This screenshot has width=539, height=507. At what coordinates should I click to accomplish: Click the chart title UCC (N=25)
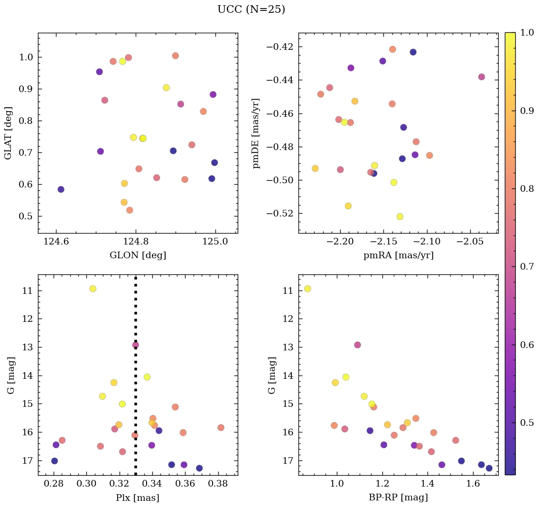(251, 9)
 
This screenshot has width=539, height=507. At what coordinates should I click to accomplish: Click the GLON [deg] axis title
(138, 255)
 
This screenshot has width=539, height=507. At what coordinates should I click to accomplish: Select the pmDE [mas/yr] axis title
(257, 133)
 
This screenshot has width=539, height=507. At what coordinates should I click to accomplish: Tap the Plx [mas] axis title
(138, 498)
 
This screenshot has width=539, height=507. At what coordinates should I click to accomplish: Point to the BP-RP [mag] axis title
(398, 498)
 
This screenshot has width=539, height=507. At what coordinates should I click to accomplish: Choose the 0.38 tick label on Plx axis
(218, 484)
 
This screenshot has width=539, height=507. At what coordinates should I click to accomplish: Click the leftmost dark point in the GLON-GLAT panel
(61, 189)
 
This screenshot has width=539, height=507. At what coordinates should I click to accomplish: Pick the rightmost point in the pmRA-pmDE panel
(482, 77)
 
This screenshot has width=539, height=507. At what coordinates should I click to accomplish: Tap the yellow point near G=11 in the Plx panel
(93, 289)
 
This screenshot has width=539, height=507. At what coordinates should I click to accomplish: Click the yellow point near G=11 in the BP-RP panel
(307, 289)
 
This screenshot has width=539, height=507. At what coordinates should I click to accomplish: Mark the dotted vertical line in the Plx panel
(136, 380)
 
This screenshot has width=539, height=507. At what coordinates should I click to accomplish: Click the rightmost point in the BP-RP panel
(489, 468)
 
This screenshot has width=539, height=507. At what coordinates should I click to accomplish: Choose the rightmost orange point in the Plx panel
(221, 427)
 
